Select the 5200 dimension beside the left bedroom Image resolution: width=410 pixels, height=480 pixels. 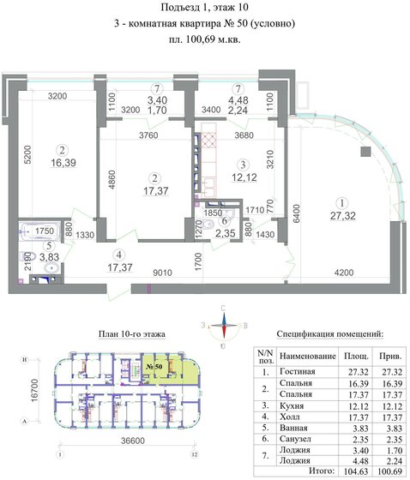click(27, 154)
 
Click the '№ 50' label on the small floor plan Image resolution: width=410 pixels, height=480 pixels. click(155, 367)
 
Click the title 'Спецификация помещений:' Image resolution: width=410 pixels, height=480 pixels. click(325, 333)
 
